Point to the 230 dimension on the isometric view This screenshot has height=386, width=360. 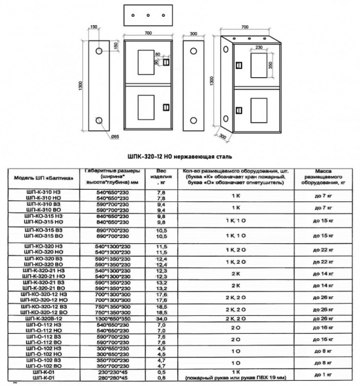pyautogui.click(x=258, y=47)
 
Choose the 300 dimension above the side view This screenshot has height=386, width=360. pyautogui.click(x=194, y=31)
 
